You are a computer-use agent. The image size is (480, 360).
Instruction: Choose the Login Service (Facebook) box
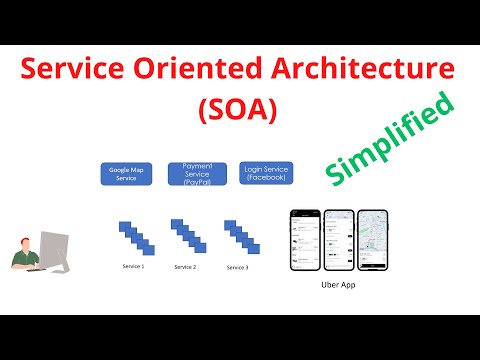point(266,173)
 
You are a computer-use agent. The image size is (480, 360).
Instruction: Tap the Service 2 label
point(185,267)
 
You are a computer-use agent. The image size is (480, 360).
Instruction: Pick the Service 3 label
point(237,267)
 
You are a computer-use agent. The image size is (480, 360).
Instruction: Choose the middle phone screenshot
point(340,240)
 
